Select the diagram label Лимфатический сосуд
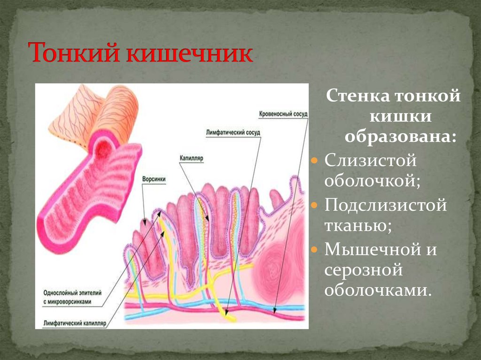[233, 133]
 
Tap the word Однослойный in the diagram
[62, 292]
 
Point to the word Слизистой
[371, 161]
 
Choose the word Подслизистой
[385, 205]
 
